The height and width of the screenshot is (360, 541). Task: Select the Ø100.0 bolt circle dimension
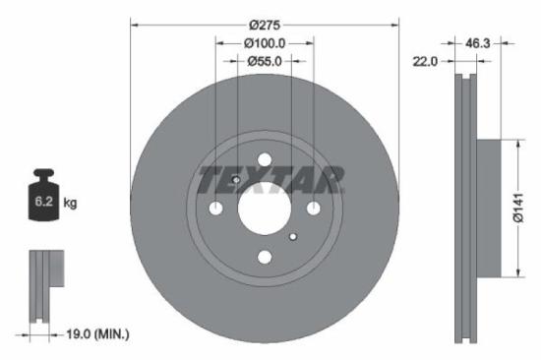pyautogui.click(x=265, y=43)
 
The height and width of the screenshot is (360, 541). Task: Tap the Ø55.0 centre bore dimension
pyautogui.click(x=265, y=61)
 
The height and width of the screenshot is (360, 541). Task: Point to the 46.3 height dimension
pyautogui.click(x=477, y=43)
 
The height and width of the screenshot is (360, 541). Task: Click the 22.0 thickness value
pyautogui.click(x=425, y=61)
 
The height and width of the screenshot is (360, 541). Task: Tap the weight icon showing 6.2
pyautogui.click(x=44, y=201)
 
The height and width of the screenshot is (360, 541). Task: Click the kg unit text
pyautogui.click(x=70, y=203)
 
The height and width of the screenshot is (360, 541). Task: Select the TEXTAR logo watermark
pyautogui.click(x=270, y=180)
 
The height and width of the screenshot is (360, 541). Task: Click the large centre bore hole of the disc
pyautogui.click(x=264, y=208)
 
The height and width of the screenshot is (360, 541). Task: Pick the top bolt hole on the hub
pyautogui.click(x=264, y=159)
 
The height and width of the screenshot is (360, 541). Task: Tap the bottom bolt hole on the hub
pyautogui.click(x=264, y=257)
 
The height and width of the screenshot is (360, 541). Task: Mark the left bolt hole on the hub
pyautogui.click(x=215, y=208)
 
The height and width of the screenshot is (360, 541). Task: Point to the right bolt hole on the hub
pyautogui.click(x=313, y=208)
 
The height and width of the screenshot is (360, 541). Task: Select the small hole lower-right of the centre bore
pyautogui.click(x=292, y=236)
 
